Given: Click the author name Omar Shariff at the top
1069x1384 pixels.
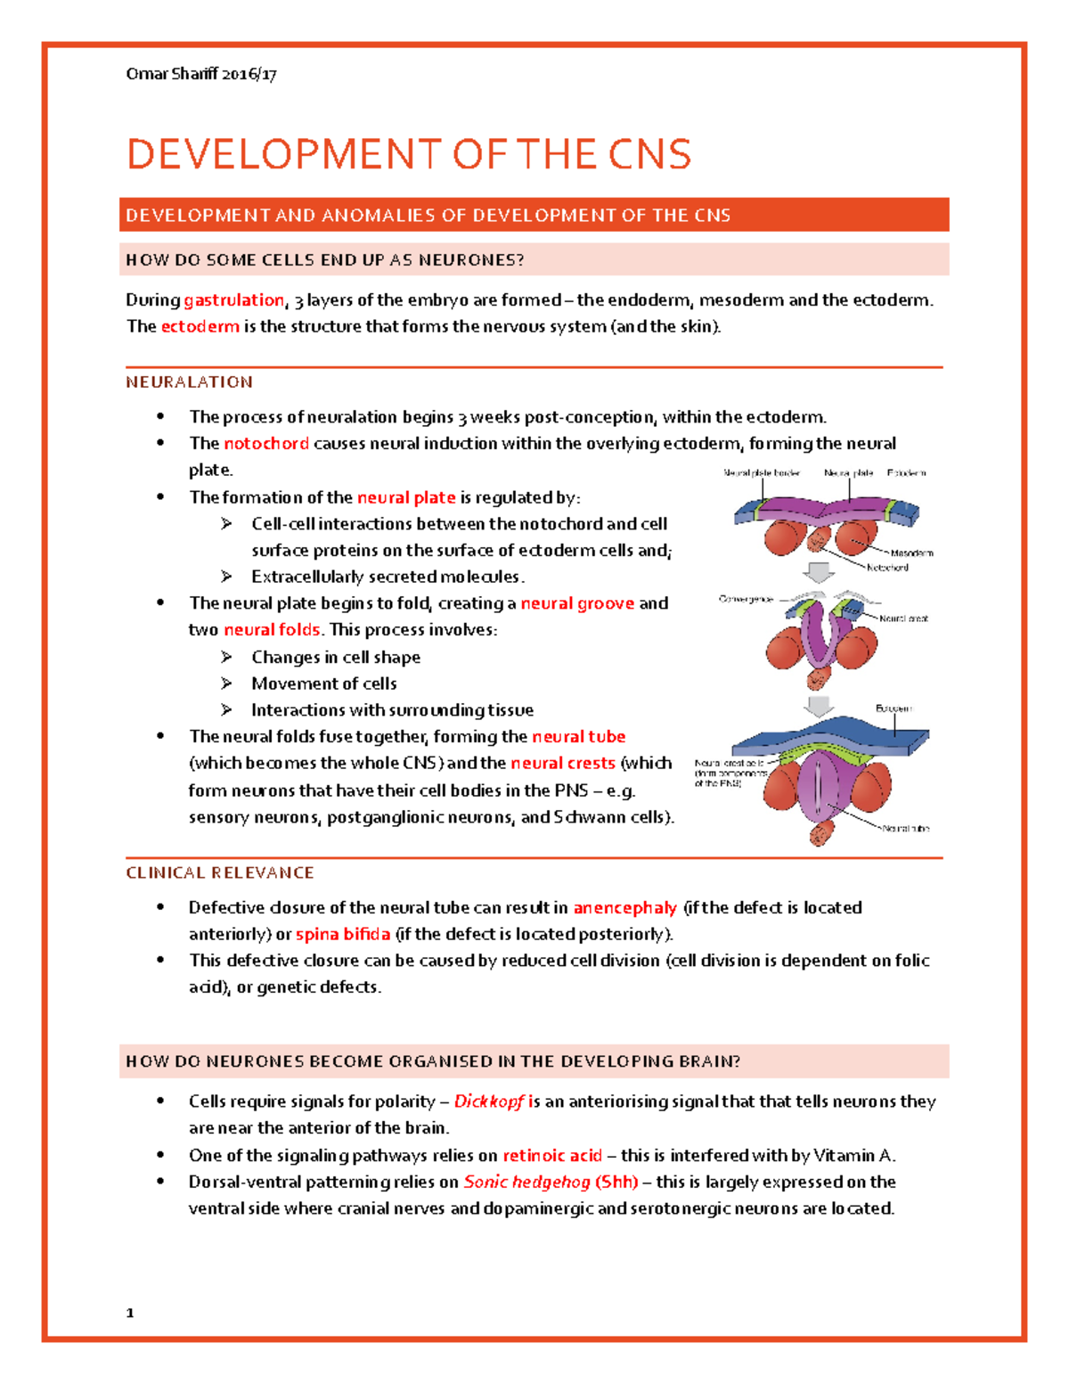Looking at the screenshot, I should (x=172, y=74).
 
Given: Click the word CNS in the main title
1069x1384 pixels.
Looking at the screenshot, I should (x=649, y=154).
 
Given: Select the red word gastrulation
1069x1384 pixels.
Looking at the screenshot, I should (x=233, y=300).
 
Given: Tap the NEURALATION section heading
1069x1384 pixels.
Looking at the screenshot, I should (x=189, y=382).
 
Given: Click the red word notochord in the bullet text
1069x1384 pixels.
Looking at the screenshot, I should (x=266, y=444).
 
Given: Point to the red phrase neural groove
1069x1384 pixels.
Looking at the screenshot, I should (x=577, y=603).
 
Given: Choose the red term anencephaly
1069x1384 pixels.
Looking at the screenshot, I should (x=624, y=908).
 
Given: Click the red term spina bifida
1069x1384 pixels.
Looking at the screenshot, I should (x=343, y=935).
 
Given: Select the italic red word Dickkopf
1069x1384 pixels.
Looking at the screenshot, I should (x=489, y=1101).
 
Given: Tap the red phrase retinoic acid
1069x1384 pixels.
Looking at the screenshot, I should (x=552, y=1156).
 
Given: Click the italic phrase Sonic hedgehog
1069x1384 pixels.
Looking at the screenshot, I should (x=526, y=1183).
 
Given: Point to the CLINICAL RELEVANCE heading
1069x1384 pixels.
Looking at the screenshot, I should (x=220, y=873).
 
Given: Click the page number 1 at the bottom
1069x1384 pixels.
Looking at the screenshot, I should (x=130, y=1313).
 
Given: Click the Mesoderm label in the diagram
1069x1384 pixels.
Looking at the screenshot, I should (x=911, y=553).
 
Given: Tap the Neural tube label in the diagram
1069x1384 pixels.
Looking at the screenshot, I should (x=906, y=829).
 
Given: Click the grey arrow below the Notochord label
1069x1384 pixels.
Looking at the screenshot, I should (x=819, y=572).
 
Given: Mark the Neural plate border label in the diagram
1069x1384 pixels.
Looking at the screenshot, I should (x=762, y=473).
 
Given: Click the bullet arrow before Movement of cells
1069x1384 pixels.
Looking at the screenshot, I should (x=227, y=684).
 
